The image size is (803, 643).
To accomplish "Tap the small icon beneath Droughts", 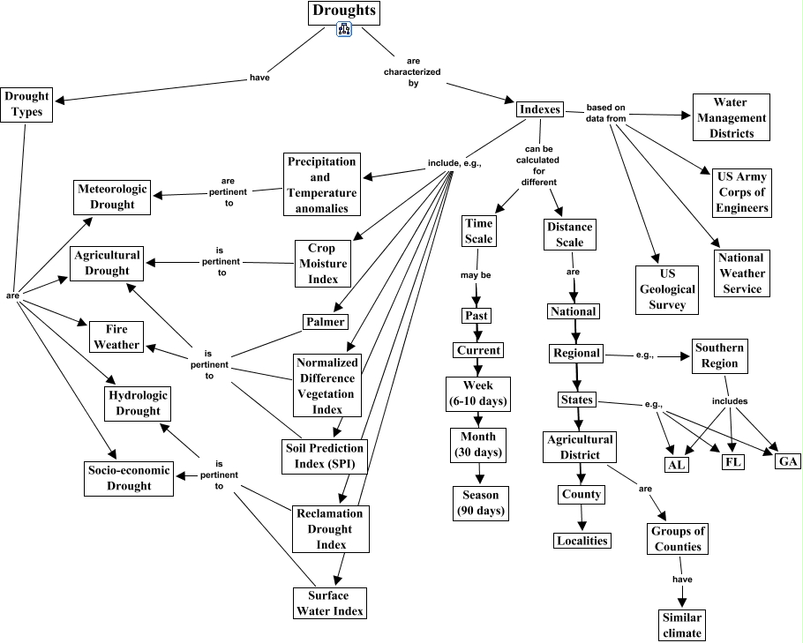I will (x=344, y=31).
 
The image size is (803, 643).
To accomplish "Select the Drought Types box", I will (x=26, y=104).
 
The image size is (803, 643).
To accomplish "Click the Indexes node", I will (x=539, y=110).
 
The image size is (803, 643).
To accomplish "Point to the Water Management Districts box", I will (x=731, y=116).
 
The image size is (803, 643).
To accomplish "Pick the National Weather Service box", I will (x=741, y=273).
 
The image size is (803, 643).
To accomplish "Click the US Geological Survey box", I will (x=666, y=288).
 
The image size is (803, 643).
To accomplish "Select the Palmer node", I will (x=326, y=322).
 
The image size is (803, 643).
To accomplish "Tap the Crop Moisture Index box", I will (x=322, y=263).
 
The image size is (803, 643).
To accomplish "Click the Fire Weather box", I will (x=116, y=336).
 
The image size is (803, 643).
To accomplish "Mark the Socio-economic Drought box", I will (x=131, y=476).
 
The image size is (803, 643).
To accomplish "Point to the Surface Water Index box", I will (x=330, y=602).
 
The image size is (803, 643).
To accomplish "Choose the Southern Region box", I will (x=725, y=355).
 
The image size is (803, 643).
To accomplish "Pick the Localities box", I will (x=582, y=540).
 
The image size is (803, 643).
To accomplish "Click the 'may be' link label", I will (x=475, y=274).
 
